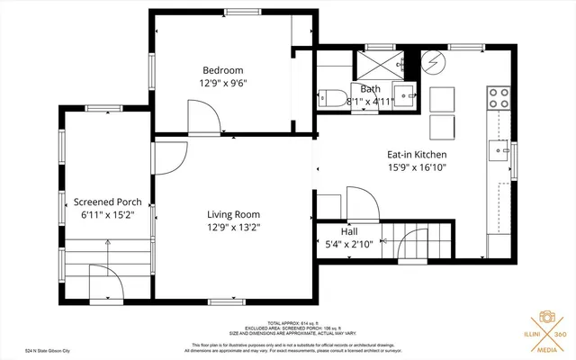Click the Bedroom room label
[x=222, y=70]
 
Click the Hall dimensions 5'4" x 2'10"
[x=349, y=243]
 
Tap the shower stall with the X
[x=379, y=64]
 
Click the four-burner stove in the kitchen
[x=498, y=97]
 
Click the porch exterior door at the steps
[x=105, y=280]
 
